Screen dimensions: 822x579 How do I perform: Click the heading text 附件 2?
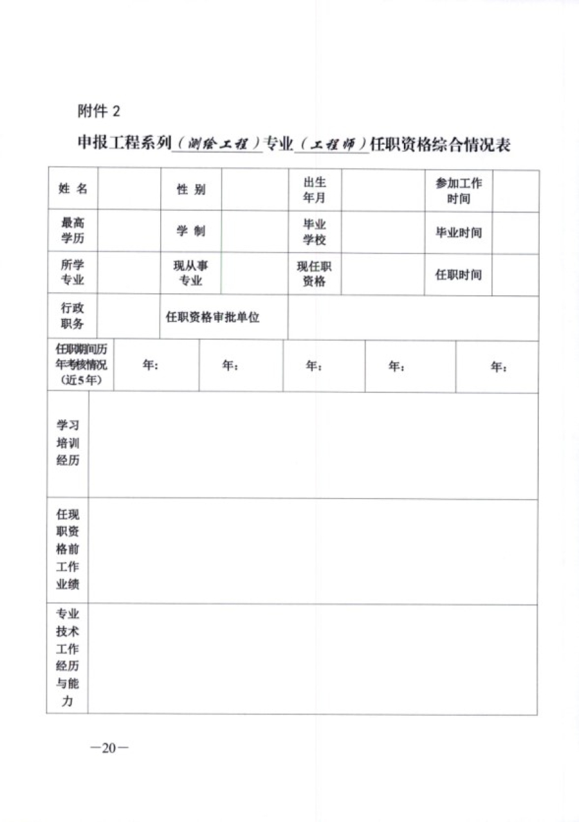98,111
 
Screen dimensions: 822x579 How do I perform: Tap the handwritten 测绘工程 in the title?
219,145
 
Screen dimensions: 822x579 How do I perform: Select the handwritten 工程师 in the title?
332,145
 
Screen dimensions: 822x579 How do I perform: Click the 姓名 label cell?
73,189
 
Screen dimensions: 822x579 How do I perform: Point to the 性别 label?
191,190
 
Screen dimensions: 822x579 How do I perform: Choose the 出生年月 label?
315,190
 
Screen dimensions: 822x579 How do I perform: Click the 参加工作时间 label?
459,190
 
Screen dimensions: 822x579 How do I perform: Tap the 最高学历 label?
72,232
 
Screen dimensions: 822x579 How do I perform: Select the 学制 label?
191,232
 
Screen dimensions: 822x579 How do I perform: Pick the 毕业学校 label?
315,232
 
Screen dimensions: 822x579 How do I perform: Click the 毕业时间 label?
459,232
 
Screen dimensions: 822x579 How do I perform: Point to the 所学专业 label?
72,273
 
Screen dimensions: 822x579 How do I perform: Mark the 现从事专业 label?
190,273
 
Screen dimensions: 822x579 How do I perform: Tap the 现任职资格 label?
314,274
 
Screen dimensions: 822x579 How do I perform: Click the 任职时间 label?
459,274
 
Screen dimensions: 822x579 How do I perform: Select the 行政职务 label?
72,316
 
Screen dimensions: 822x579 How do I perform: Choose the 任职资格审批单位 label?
213,317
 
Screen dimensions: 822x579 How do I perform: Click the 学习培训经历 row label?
68,444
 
